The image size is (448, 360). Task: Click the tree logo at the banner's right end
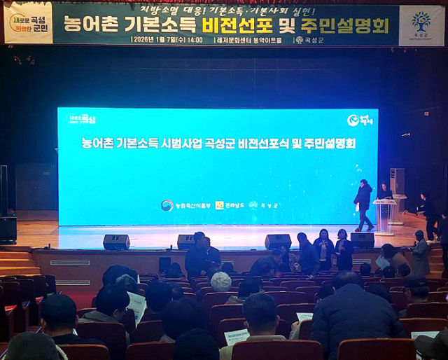click(x=421, y=23)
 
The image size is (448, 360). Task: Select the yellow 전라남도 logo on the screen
click(x=228, y=205)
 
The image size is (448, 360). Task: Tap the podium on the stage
click(x=384, y=215)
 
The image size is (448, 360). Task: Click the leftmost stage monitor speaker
click(x=116, y=242)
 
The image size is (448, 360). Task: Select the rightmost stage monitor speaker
click(x=362, y=240)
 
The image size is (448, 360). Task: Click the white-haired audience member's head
click(x=221, y=282)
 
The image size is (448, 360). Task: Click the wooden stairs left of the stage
click(x=17, y=262)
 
